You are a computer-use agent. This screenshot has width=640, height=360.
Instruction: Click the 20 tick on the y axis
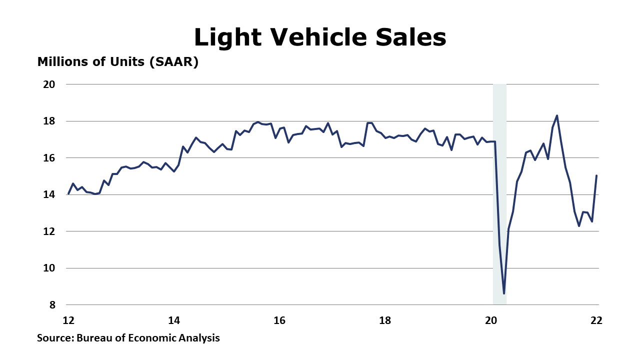pyautogui.click(x=48, y=84)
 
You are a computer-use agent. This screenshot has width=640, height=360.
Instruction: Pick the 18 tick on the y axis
pyautogui.click(x=48, y=121)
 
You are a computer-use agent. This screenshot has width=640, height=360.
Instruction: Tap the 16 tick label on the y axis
pyautogui.click(x=48, y=157)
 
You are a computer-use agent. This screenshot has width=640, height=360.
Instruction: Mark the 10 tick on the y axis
pyautogui.click(x=48, y=268)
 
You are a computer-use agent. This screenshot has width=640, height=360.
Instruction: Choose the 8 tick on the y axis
pyautogui.click(x=51, y=304)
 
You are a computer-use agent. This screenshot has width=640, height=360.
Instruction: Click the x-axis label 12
pyautogui.click(x=68, y=320)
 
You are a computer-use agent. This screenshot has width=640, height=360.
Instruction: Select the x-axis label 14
pyautogui.click(x=174, y=320)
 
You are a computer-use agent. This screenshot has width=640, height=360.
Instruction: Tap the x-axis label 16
pyautogui.click(x=279, y=320)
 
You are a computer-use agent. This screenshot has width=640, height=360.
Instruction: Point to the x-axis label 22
pyautogui.click(x=596, y=320)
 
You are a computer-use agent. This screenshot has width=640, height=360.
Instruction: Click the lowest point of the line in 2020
pyautogui.click(x=504, y=293)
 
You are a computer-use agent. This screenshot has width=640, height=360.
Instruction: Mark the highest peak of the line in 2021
pyautogui.click(x=557, y=115)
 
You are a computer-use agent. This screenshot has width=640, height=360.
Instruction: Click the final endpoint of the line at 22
pyautogui.click(x=596, y=175)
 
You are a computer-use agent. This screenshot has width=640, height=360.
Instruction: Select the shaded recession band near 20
pyautogui.click(x=499, y=200)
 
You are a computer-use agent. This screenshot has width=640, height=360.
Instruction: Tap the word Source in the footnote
pyautogui.click(x=55, y=338)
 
